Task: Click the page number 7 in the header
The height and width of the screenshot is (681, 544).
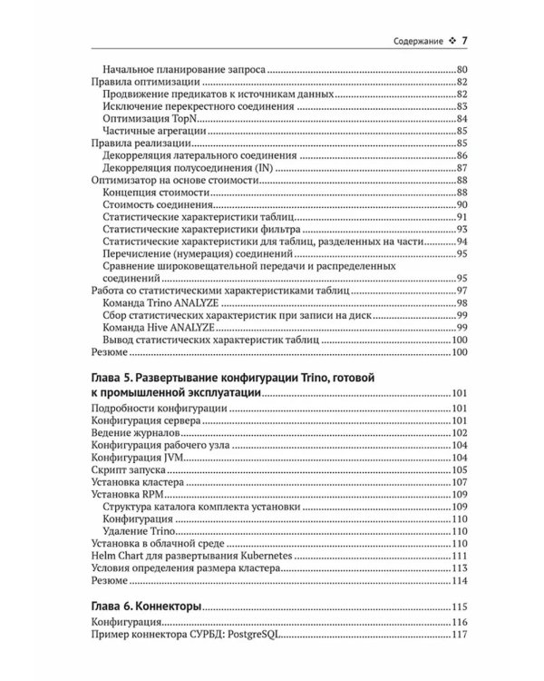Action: (x=464, y=41)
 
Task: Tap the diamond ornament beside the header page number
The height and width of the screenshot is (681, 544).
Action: (x=451, y=42)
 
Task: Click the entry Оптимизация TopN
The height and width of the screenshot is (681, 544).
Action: (x=141, y=118)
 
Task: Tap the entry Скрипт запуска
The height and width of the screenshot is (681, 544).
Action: (x=120, y=471)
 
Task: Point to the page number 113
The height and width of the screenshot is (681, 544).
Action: (x=458, y=567)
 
